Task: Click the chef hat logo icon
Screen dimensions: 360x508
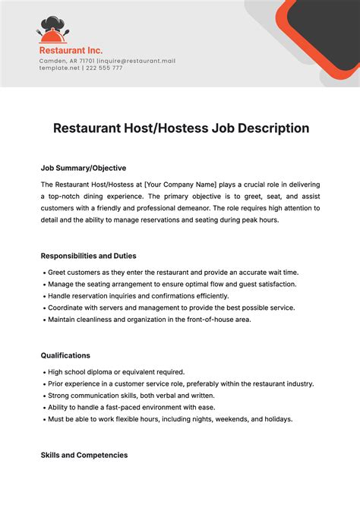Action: coord(52,30)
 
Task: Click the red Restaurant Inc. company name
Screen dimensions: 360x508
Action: coord(71,51)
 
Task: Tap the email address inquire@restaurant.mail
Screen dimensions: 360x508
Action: coord(137,61)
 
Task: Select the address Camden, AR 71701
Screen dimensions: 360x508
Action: coord(66,61)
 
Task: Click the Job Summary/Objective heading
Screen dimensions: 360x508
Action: coord(83,168)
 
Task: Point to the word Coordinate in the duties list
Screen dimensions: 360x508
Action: coord(66,308)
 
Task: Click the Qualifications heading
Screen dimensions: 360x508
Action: coord(65,355)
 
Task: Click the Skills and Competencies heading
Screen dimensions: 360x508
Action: coord(84,455)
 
